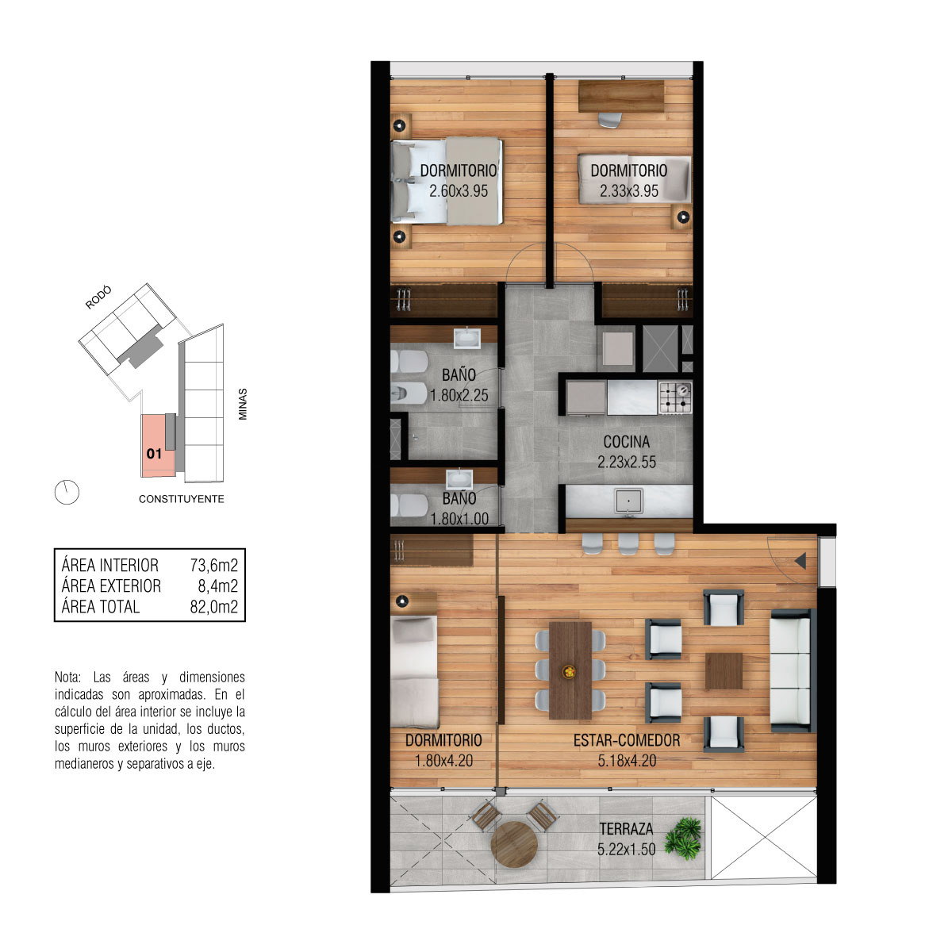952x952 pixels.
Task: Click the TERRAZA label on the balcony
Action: (x=626, y=828)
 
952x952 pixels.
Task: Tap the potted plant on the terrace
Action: (x=683, y=838)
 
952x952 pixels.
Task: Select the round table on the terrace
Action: (x=514, y=844)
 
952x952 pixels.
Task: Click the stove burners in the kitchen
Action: (x=675, y=397)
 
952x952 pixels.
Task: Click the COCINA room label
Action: (x=627, y=442)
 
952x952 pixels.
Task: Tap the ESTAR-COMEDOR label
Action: (x=627, y=740)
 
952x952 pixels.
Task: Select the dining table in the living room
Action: (x=570, y=670)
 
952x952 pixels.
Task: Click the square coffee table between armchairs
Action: (x=724, y=671)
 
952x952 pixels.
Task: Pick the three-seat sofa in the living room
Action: (x=792, y=671)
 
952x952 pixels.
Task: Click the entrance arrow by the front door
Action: (x=800, y=561)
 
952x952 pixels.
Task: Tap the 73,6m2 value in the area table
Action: (x=214, y=565)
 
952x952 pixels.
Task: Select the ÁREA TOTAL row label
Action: (x=101, y=607)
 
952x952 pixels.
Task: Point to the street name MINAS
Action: (x=243, y=404)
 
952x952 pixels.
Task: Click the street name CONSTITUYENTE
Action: (x=182, y=499)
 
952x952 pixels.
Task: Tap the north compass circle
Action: (x=67, y=492)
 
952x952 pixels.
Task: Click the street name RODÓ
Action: (x=98, y=297)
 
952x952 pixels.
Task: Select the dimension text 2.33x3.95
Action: (x=629, y=190)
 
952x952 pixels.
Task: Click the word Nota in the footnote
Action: (x=67, y=677)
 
